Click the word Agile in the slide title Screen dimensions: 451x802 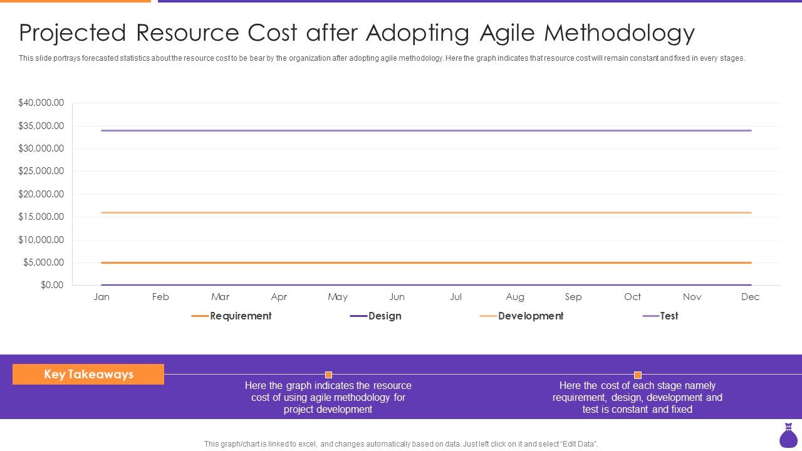point(505,33)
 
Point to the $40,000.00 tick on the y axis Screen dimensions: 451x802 point(41,103)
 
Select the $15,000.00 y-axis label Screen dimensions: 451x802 point(41,217)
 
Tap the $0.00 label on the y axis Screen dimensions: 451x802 point(52,285)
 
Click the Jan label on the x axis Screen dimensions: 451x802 point(102,297)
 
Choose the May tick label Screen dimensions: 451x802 point(338,297)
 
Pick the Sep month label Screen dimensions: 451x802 point(573,297)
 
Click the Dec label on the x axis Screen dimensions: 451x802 point(750,297)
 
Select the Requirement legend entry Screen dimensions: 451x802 point(240,316)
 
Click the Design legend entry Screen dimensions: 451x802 point(384,316)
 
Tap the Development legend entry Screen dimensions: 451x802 point(530,316)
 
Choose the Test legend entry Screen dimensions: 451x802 point(669,316)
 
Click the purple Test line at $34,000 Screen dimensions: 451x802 point(426,130)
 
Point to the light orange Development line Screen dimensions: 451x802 point(426,212)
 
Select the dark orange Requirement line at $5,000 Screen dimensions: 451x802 point(426,262)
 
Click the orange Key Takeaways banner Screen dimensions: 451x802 point(88,375)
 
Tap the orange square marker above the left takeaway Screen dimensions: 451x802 point(328,375)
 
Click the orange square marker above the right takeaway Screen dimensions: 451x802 point(637,375)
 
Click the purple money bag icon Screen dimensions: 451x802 point(788,436)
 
